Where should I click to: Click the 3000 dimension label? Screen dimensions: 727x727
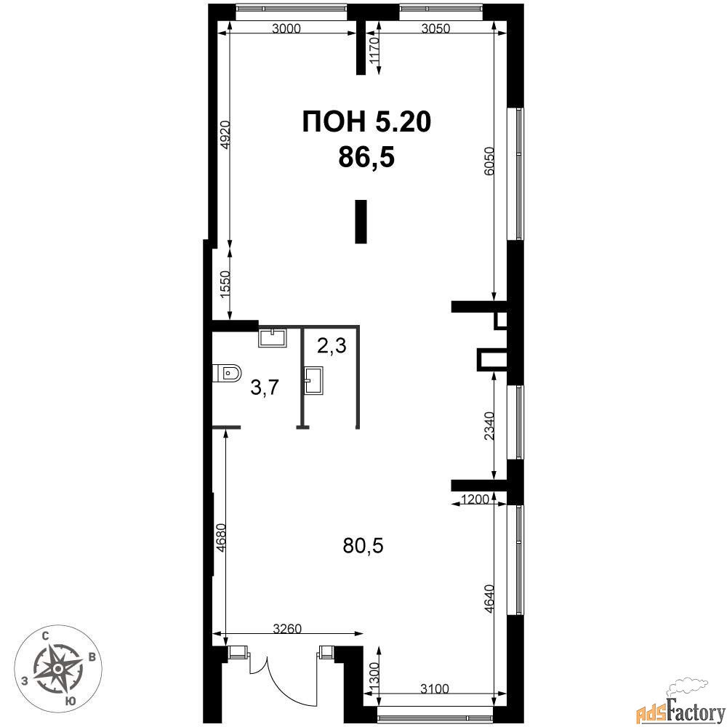pos(286,29)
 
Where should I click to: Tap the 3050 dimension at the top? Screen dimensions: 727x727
pos(435,29)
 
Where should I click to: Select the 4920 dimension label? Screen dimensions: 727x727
pos(225,134)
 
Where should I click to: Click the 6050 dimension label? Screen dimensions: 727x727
pos(489,161)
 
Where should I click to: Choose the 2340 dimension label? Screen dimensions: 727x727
pos(489,426)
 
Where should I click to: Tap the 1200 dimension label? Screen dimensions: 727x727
pos(475,499)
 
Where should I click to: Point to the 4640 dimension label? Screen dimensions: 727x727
pos(489,600)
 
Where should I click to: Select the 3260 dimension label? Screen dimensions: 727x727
pos(287,629)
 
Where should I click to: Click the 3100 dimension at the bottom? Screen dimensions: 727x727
pos(435,689)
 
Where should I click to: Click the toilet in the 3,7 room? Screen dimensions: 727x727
pos(227,372)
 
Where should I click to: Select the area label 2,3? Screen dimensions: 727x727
pos(332,345)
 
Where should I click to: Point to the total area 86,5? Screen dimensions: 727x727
pos(366,156)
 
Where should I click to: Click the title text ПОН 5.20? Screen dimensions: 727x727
pos(366,122)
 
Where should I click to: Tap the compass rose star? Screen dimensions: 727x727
pos(57,669)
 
